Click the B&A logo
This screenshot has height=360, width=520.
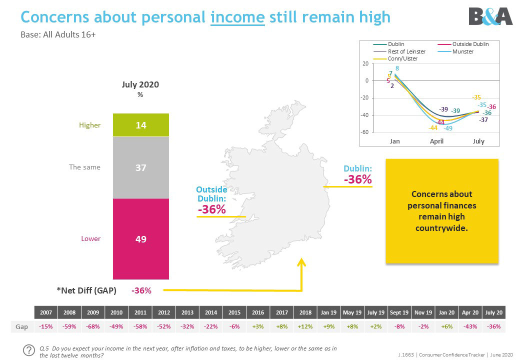click(490, 16)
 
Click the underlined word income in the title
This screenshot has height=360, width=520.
click(237, 17)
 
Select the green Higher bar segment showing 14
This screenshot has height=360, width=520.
click(141, 125)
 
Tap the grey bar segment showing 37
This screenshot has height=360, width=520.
click(141, 167)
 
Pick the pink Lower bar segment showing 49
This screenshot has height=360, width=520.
click(141, 238)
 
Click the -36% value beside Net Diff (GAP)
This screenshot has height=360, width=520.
click(141, 290)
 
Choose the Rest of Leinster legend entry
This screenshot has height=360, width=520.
click(399, 51)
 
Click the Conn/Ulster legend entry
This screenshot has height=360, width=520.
click(395, 58)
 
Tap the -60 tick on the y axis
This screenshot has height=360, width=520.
click(364, 132)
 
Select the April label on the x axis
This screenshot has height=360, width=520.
click(436, 141)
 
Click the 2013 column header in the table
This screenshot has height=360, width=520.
click(187, 312)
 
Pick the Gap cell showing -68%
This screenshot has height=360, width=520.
click(93, 326)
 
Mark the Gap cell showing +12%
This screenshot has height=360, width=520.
click(305, 326)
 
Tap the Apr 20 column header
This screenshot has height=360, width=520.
click(470, 312)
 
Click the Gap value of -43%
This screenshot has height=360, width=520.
click(470, 326)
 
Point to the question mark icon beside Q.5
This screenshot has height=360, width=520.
click(29, 350)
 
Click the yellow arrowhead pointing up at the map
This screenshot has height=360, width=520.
click(301, 262)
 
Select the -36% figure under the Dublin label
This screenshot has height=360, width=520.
click(358, 179)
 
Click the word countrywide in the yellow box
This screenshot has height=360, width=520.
click(441, 228)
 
